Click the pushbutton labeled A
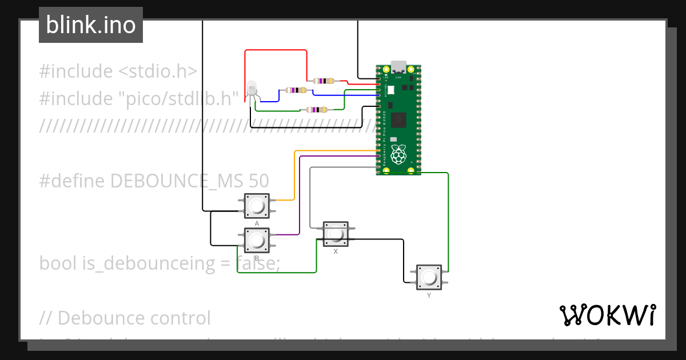click(x=257, y=206)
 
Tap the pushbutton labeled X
click(x=336, y=234)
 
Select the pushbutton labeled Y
click(x=429, y=278)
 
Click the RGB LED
click(x=252, y=89)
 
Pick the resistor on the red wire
click(x=321, y=81)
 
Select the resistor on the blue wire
click(x=296, y=90)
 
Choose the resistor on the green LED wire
click(x=317, y=110)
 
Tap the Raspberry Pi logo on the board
click(x=398, y=154)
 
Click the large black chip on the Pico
click(x=398, y=120)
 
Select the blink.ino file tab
click(x=91, y=25)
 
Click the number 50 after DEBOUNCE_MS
click(x=259, y=181)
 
